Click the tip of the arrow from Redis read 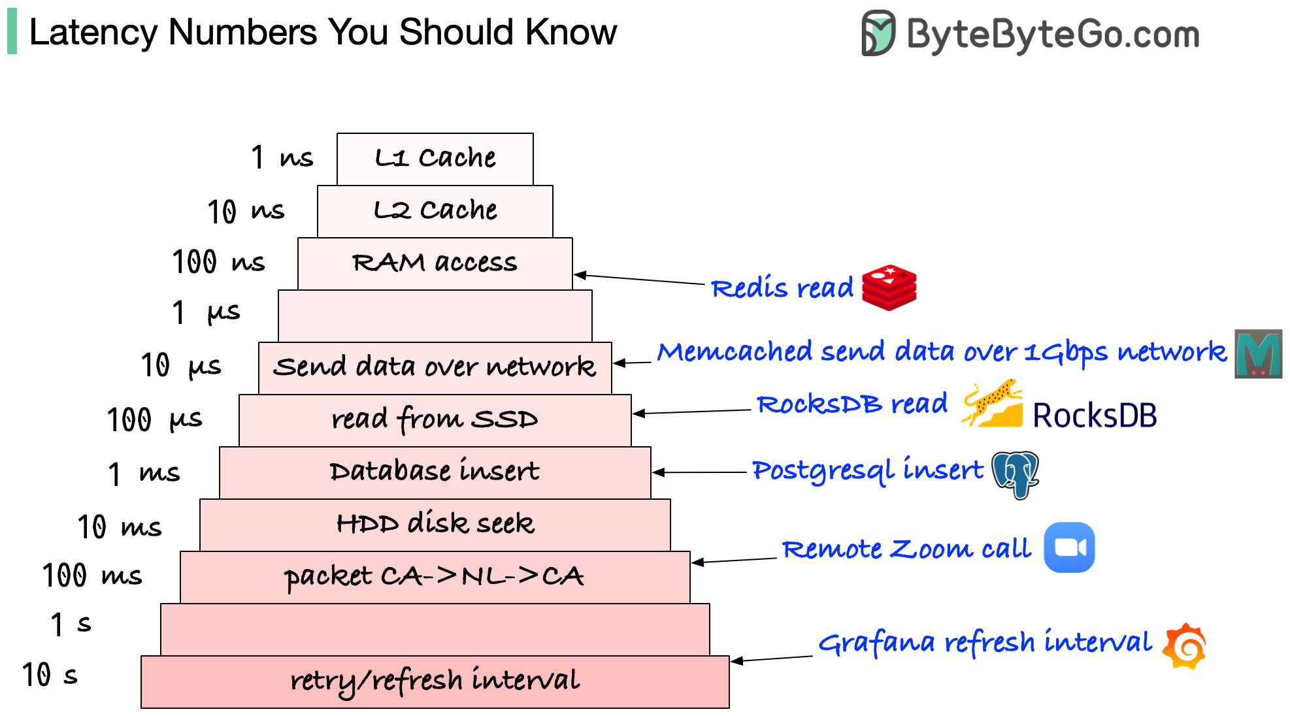point(574,275)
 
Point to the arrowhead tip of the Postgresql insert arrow point(653,472)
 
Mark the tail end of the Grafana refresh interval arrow point(812,656)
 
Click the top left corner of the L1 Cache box point(337,133)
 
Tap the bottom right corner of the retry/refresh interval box point(729,708)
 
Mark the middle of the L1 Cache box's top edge point(435,133)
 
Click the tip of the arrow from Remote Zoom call point(692,562)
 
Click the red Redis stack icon point(889,287)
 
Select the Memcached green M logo point(1258,353)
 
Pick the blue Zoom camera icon point(1069,547)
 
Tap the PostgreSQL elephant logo point(1016,474)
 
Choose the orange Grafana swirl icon point(1184,646)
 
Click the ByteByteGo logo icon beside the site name point(878,33)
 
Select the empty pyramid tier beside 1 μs point(435,316)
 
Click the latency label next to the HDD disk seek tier point(120,527)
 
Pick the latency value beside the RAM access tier point(218,262)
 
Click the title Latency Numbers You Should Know point(323,31)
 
